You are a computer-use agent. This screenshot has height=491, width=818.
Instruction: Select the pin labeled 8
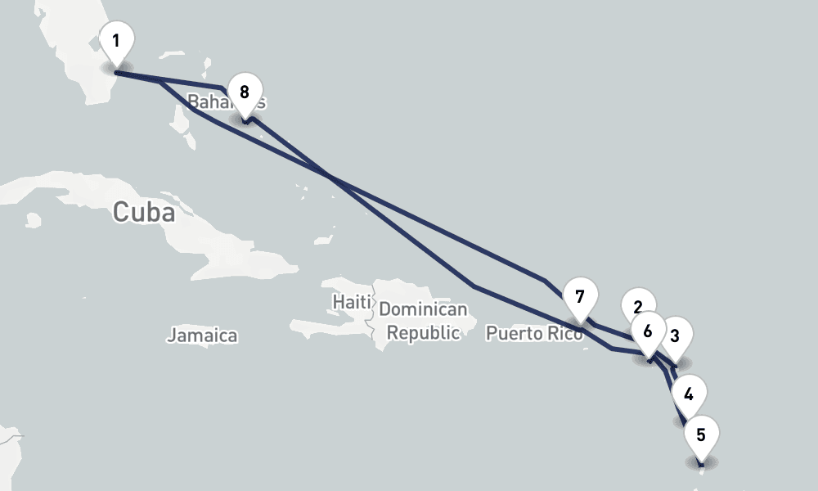[245, 92]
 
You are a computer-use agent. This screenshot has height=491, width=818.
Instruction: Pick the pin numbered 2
[636, 306]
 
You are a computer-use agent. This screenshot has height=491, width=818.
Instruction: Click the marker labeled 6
[648, 331]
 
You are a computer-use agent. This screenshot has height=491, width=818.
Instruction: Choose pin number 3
[676, 335]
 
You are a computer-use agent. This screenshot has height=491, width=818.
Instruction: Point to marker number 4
[689, 394]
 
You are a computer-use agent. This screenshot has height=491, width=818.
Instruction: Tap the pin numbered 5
[701, 435]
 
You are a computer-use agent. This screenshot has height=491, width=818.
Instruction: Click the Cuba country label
[144, 212]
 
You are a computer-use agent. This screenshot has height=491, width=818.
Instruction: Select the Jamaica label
[202, 335]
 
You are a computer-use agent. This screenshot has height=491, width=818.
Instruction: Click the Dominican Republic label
[423, 322]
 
